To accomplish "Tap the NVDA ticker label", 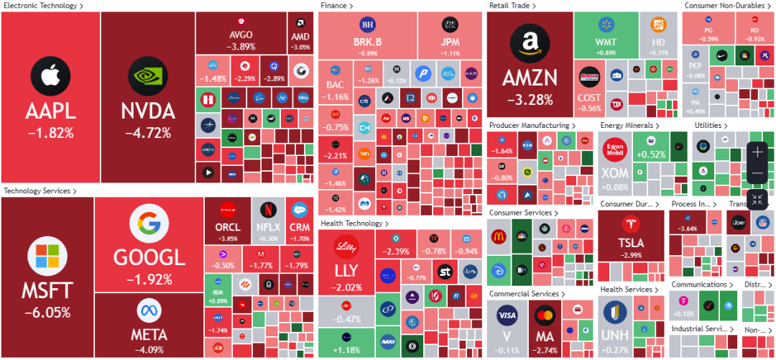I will [148, 111].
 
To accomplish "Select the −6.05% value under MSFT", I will [47, 313].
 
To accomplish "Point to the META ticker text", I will [149, 334].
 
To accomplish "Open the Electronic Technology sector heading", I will [42, 6].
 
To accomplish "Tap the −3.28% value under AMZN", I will [528, 99].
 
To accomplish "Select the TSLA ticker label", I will [631, 243].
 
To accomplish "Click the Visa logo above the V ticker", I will [507, 315].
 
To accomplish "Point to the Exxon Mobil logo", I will [614, 150].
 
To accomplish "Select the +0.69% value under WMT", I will [606, 52].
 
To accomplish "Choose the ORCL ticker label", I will [227, 227].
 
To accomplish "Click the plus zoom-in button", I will [757, 152].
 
